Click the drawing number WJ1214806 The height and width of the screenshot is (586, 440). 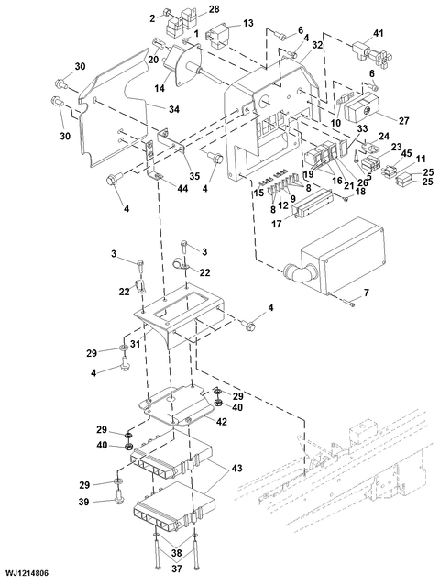(27, 573)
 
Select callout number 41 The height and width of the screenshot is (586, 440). (378, 34)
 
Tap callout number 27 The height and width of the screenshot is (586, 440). (403, 121)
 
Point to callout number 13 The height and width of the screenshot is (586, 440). (248, 23)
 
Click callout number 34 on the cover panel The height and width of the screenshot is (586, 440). (173, 109)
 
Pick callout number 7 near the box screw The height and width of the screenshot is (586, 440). (367, 293)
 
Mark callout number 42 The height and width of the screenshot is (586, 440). (221, 421)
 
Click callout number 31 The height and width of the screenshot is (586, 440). (135, 344)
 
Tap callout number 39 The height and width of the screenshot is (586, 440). (83, 502)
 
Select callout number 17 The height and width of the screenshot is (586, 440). (277, 224)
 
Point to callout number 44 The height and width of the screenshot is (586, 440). (182, 190)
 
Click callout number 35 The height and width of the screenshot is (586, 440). (194, 175)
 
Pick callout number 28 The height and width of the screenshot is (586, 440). (214, 9)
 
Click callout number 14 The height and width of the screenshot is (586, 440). (159, 89)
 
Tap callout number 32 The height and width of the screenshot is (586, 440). (317, 45)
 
